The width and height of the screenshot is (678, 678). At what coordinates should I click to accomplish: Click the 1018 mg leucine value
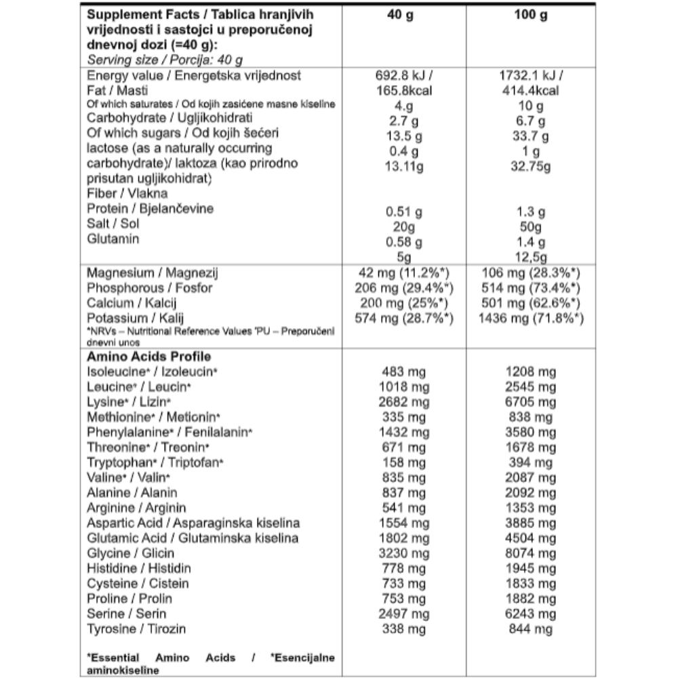click(405, 386)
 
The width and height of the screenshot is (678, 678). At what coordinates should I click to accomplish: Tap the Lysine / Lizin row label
click(129, 402)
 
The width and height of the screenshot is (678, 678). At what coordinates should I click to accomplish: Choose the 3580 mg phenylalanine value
click(531, 432)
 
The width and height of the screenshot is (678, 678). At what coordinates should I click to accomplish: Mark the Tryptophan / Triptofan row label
click(155, 462)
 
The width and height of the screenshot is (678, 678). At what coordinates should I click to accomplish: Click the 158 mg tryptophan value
click(405, 462)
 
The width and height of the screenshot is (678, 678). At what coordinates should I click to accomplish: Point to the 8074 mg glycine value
click(531, 553)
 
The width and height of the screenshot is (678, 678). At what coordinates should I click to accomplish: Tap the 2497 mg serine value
click(405, 614)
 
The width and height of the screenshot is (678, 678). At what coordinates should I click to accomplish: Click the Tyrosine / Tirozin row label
click(136, 629)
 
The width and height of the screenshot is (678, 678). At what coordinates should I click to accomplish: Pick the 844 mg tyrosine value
click(531, 629)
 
